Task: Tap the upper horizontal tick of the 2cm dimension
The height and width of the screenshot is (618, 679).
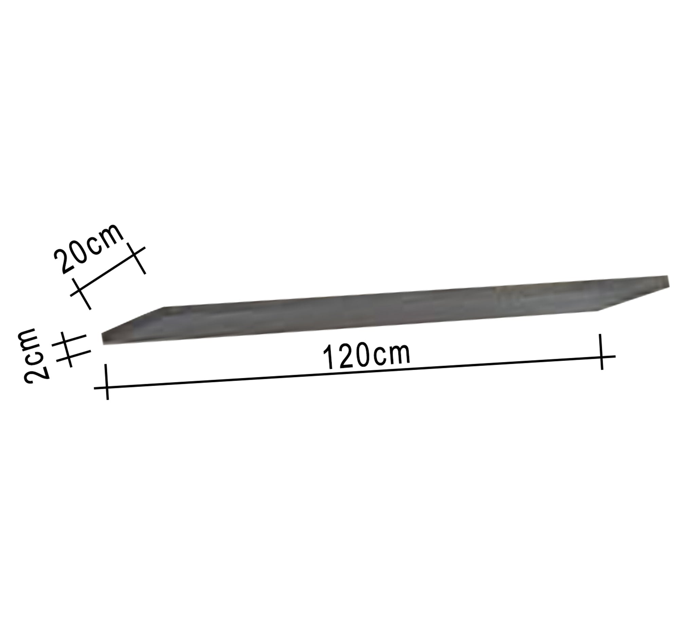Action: click(69, 340)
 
